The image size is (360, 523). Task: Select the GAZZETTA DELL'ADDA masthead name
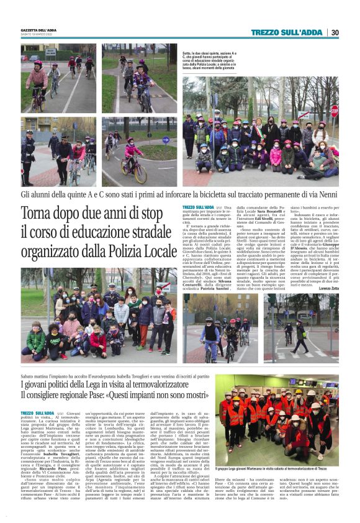[39, 29]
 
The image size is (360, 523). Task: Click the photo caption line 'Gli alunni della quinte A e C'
[180, 194]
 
